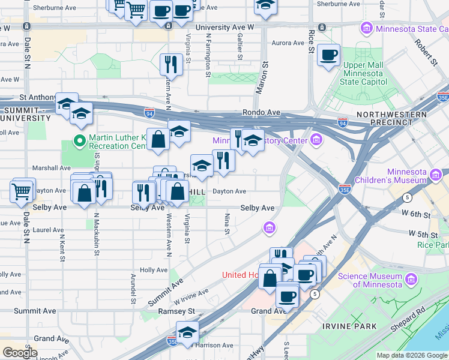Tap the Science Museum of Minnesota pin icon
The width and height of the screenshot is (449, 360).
tap(412, 278)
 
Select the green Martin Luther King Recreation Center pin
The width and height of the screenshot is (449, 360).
tap(79, 142)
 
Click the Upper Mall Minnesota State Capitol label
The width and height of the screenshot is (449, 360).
tap(363, 73)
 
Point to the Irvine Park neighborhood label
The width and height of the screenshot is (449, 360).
tap(349, 326)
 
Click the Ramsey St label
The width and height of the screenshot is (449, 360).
tap(176, 311)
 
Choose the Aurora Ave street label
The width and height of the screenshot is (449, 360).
tap(288, 43)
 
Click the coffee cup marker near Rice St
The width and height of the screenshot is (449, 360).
tap(328, 56)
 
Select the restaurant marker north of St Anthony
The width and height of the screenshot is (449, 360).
tap(172, 64)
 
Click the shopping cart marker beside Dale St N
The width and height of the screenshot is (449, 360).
tap(22, 191)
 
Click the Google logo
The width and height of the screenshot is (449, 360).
tap(20, 353)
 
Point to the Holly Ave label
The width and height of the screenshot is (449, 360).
tap(153, 270)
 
